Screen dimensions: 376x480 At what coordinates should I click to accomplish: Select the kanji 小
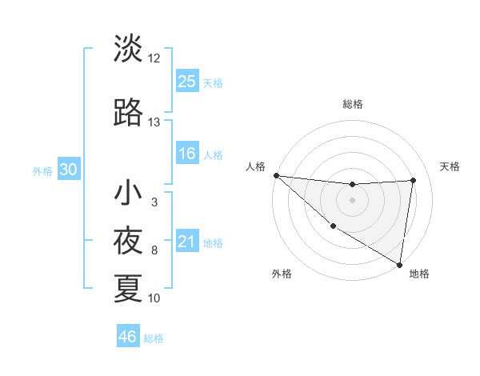(x=129, y=193)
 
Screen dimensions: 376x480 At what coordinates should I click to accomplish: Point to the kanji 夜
(x=129, y=240)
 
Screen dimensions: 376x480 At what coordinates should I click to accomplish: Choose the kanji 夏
(x=129, y=288)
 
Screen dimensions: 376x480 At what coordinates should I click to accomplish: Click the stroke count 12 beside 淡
(x=154, y=58)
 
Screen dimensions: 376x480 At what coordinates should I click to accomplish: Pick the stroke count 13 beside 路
(x=154, y=122)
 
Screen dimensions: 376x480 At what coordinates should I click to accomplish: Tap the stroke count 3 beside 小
(x=154, y=203)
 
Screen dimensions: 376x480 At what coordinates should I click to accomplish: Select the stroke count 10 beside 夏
(x=154, y=298)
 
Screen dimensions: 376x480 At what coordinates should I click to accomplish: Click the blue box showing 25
(x=187, y=81)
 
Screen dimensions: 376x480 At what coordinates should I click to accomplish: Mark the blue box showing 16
(x=187, y=154)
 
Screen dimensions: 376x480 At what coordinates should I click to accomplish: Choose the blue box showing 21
(x=187, y=242)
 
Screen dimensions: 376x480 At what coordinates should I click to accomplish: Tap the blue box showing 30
(x=69, y=170)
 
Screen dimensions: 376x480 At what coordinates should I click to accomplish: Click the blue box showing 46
(x=128, y=337)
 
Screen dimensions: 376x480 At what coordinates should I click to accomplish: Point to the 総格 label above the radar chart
(x=352, y=104)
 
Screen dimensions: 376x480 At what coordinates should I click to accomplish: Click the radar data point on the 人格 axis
(x=276, y=175)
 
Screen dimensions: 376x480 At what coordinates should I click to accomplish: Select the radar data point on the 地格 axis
(x=399, y=263)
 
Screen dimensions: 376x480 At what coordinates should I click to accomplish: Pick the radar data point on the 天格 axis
(x=414, y=180)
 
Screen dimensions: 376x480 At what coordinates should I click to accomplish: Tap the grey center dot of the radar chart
(x=352, y=200)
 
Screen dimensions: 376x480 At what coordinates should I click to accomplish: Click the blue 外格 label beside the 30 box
(x=42, y=170)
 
